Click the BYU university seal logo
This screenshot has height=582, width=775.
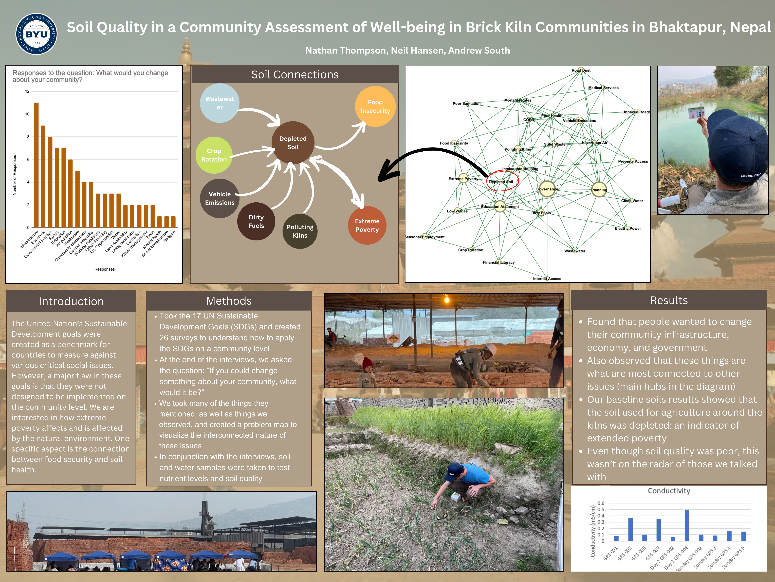point(36,34)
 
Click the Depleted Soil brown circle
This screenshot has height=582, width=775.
point(293,143)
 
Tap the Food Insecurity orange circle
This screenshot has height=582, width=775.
point(375,106)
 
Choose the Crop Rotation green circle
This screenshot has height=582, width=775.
point(214,155)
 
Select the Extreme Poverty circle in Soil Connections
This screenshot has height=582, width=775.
point(367,225)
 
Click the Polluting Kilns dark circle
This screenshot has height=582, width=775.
point(300,231)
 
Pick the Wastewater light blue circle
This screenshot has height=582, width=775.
point(220,103)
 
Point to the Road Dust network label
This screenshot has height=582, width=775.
point(581,70)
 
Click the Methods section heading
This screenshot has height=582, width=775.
point(229,301)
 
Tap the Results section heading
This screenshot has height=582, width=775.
point(669,300)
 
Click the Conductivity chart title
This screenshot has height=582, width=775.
point(669,491)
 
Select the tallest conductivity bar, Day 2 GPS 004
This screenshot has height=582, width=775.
point(687,526)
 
